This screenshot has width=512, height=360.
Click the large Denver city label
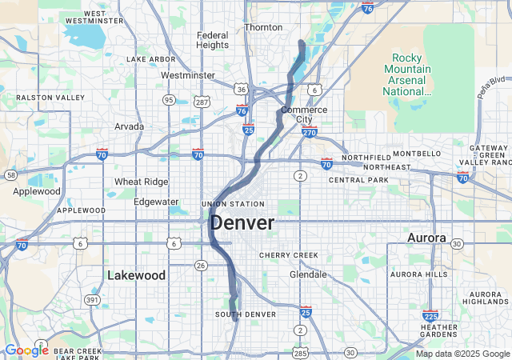tap(242, 223)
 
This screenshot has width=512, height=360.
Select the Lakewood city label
tap(137, 275)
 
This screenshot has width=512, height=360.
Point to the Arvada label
tap(129, 126)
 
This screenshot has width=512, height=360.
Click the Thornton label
tap(263, 27)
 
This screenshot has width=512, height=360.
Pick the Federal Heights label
tap(212, 40)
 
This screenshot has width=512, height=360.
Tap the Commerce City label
tap(304, 114)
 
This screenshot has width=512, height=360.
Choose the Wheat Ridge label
tap(141, 182)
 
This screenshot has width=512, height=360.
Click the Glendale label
tap(307, 274)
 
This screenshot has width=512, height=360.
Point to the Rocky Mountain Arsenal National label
tap(412, 74)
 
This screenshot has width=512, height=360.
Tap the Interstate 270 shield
tap(310, 132)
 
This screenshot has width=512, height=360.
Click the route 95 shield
tap(169, 100)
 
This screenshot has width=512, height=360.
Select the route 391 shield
tap(94, 300)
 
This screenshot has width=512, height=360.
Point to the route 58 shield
tap(10, 174)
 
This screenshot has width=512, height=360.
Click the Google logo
tap(26, 350)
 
